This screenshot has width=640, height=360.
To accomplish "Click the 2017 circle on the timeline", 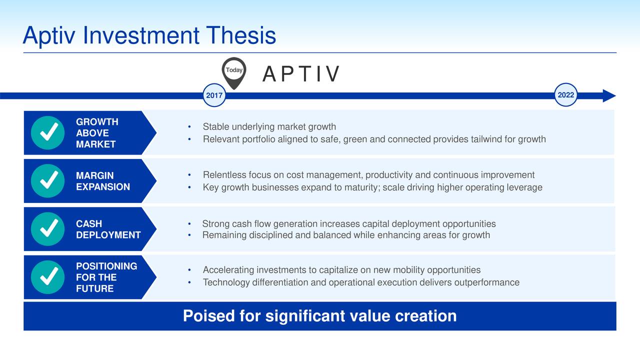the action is [x=214, y=95].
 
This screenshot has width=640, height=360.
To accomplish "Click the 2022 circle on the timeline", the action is [x=565, y=95].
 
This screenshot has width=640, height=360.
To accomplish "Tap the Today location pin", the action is [x=234, y=73].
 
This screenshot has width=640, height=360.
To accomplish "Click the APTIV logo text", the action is [x=301, y=74].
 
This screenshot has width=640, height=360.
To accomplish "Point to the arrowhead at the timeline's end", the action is [x=609, y=95].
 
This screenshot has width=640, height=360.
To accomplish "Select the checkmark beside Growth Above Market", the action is [x=47, y=132].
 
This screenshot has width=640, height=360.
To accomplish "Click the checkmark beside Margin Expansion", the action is [x=47, y=181].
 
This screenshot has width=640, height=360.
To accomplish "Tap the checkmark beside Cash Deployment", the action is [x=47, y=229].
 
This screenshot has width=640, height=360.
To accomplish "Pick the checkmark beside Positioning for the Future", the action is [x=47, y=277].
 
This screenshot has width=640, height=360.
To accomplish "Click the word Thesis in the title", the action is [x=240, y=35].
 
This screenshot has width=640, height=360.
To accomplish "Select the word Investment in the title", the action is [x=141, y=35].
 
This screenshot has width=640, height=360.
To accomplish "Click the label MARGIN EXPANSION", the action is [x=103, y=181].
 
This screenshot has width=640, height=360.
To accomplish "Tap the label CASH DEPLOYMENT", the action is [x=108, y=229].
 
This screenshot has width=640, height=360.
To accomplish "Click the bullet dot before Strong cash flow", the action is [x=189, y=224].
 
